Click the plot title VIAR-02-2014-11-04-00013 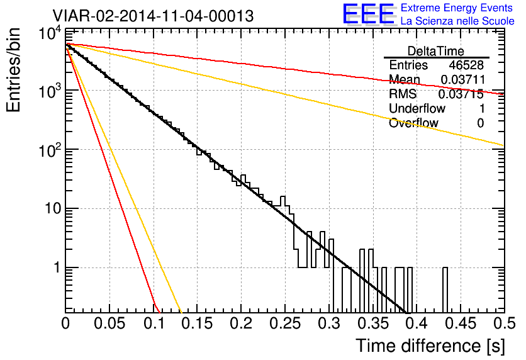point(153,16)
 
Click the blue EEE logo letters point(369,14)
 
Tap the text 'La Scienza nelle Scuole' point(457,21)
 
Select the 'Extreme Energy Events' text point(457,8)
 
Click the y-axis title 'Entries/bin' point(13,70)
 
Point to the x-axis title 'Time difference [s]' point(430,346)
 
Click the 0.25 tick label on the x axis point(285,323)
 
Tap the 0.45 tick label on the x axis point(461,323)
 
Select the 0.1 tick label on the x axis point(154,323)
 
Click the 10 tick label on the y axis point(53,209)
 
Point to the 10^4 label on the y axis point(50,33)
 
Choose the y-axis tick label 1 point(57,267)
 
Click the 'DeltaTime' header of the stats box point(436,51)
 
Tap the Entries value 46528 point(466,65)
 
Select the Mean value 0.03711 point(463,79)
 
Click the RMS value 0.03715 point(461,94)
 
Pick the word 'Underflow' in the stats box point(417,108)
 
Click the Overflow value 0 point(480,123)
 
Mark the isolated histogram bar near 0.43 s point(445,290)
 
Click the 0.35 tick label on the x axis point(373,323)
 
